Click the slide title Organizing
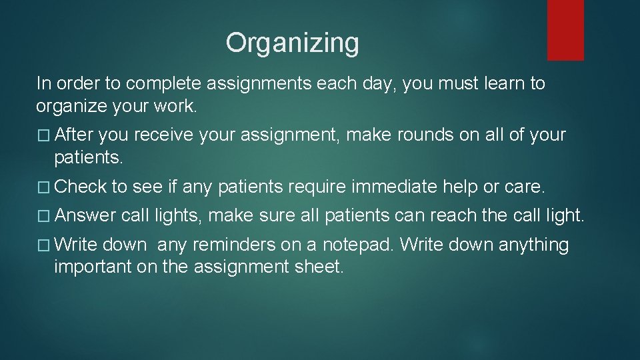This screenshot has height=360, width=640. [x=292, y=43]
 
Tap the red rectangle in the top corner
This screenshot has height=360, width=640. [x=565, y=30]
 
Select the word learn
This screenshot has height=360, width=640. [x=501, y=84]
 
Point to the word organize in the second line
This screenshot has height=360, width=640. [x=72, y=106]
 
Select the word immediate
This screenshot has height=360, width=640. [x=393, y=188]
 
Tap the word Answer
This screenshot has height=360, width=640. [x=86, y=216]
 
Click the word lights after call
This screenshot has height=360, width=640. [x=179, y=216]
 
